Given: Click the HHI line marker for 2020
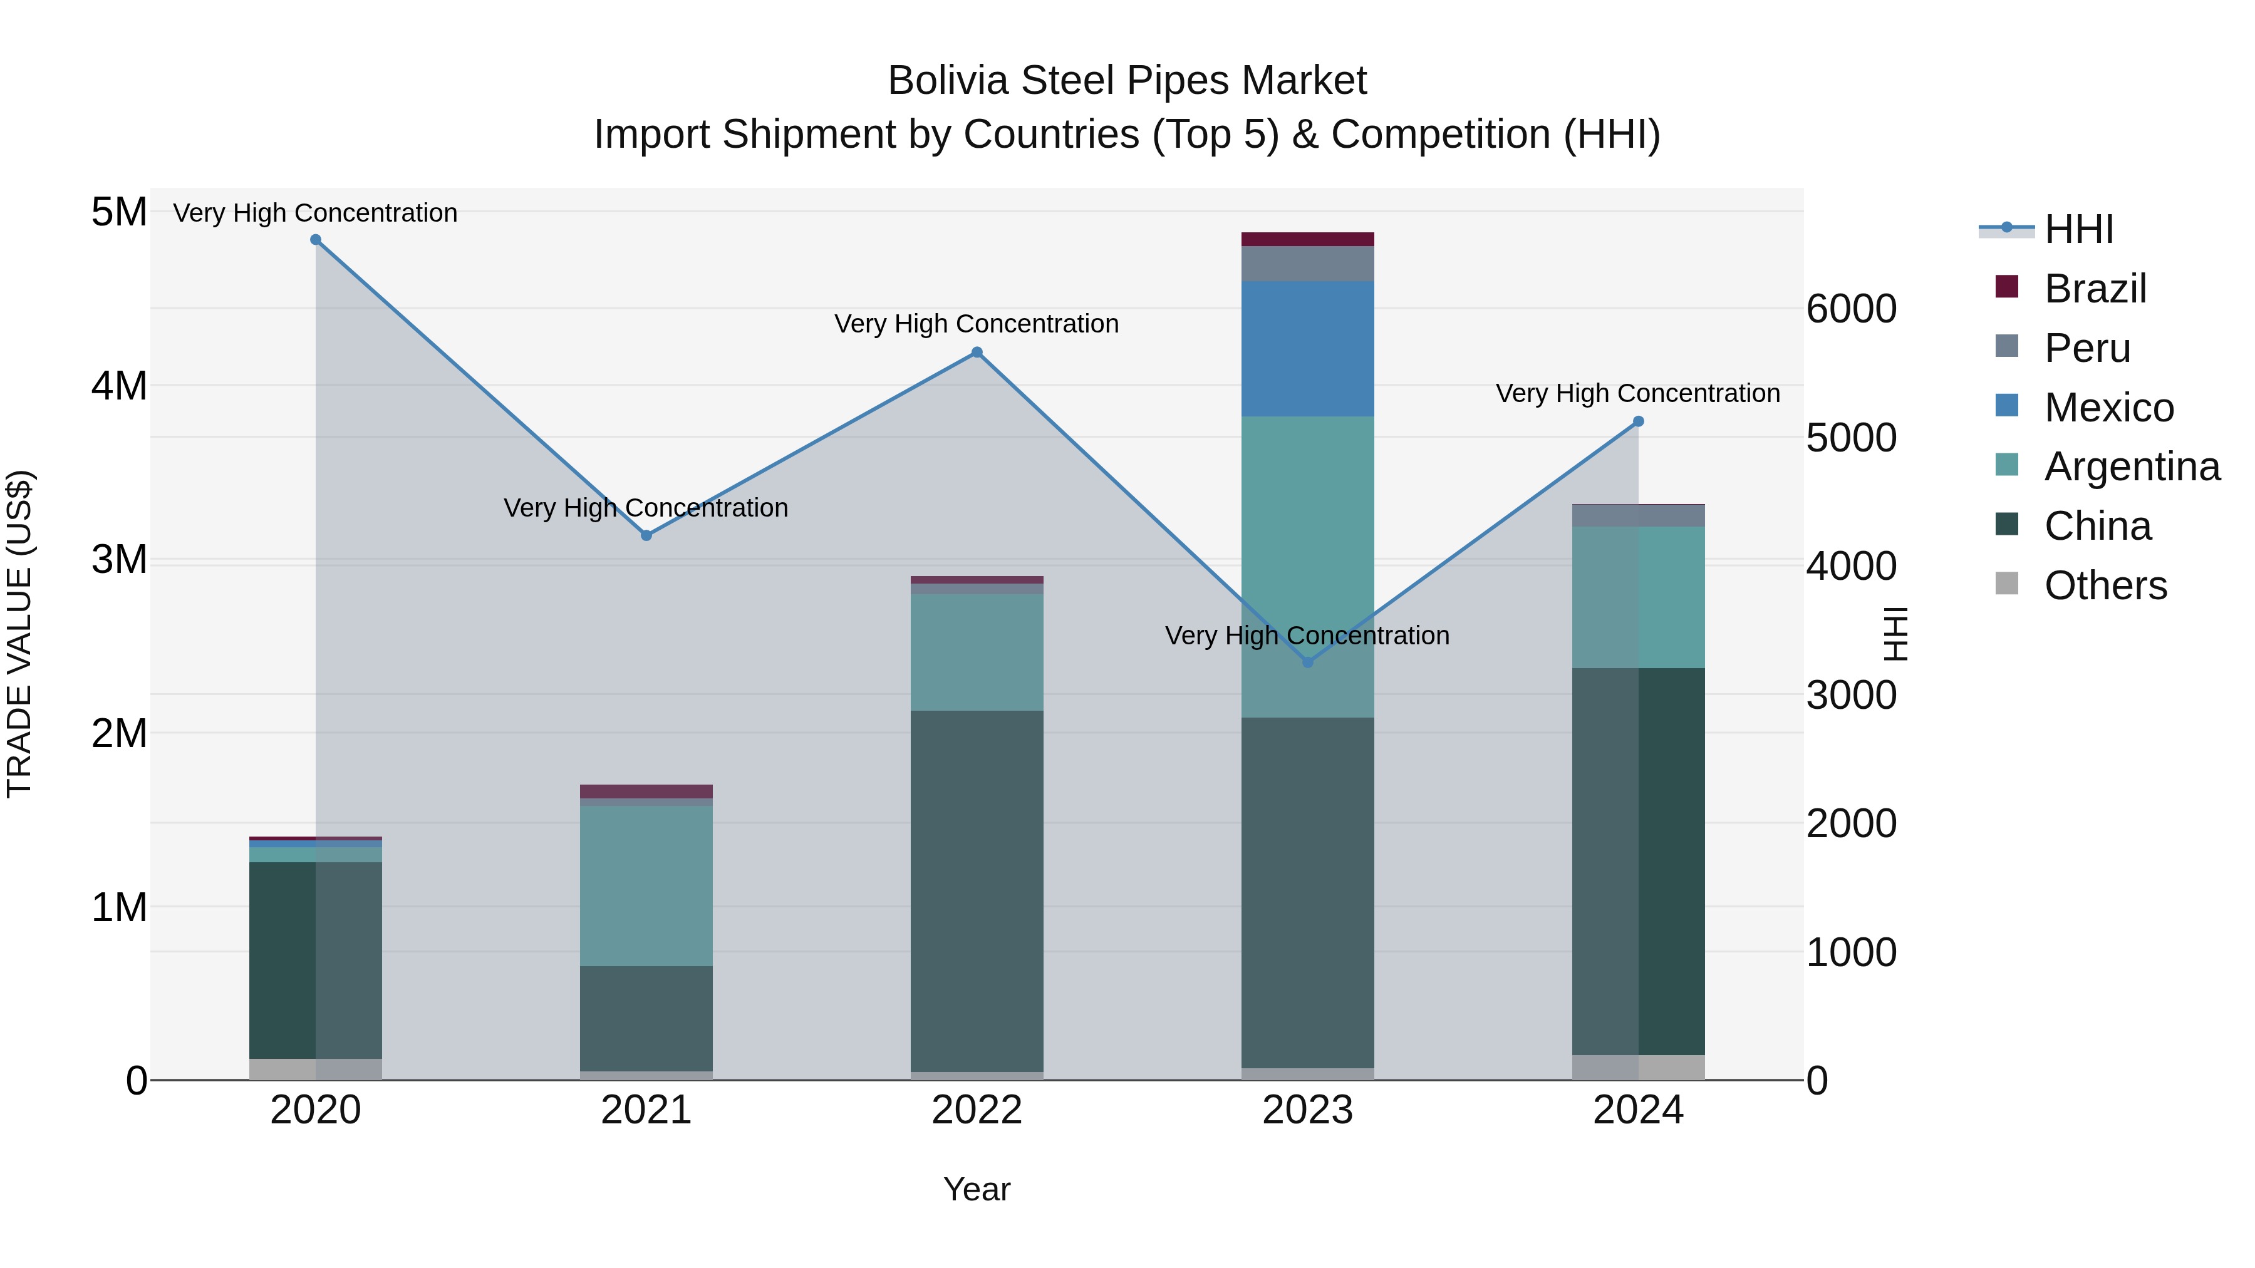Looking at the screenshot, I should click(x=316, y=240).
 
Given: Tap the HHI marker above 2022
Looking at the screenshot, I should click(x=977, y=353).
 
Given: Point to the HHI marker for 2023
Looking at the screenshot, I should click(x=1308, y=662).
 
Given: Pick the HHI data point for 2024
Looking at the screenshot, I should click(x=1639, y=422).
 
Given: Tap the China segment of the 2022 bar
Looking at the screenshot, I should click(x=977, y=891).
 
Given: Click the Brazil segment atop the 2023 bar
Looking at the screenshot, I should click(x=1308, y=240).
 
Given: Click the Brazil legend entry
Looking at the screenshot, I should click(x=2095, y=289).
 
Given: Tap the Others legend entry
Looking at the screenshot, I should click(x=2105, y=585).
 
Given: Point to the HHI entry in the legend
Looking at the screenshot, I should click(x=2078, y=229).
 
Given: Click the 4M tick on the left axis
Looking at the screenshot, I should click(x=119, y=386).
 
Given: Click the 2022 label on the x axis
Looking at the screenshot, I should click(x=977, y=1110).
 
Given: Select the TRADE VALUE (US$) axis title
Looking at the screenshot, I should click(x=19, y=634).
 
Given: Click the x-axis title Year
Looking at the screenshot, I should click(x=977, y=1189).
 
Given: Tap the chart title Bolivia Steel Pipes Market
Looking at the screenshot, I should click(x=1127, y=81).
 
